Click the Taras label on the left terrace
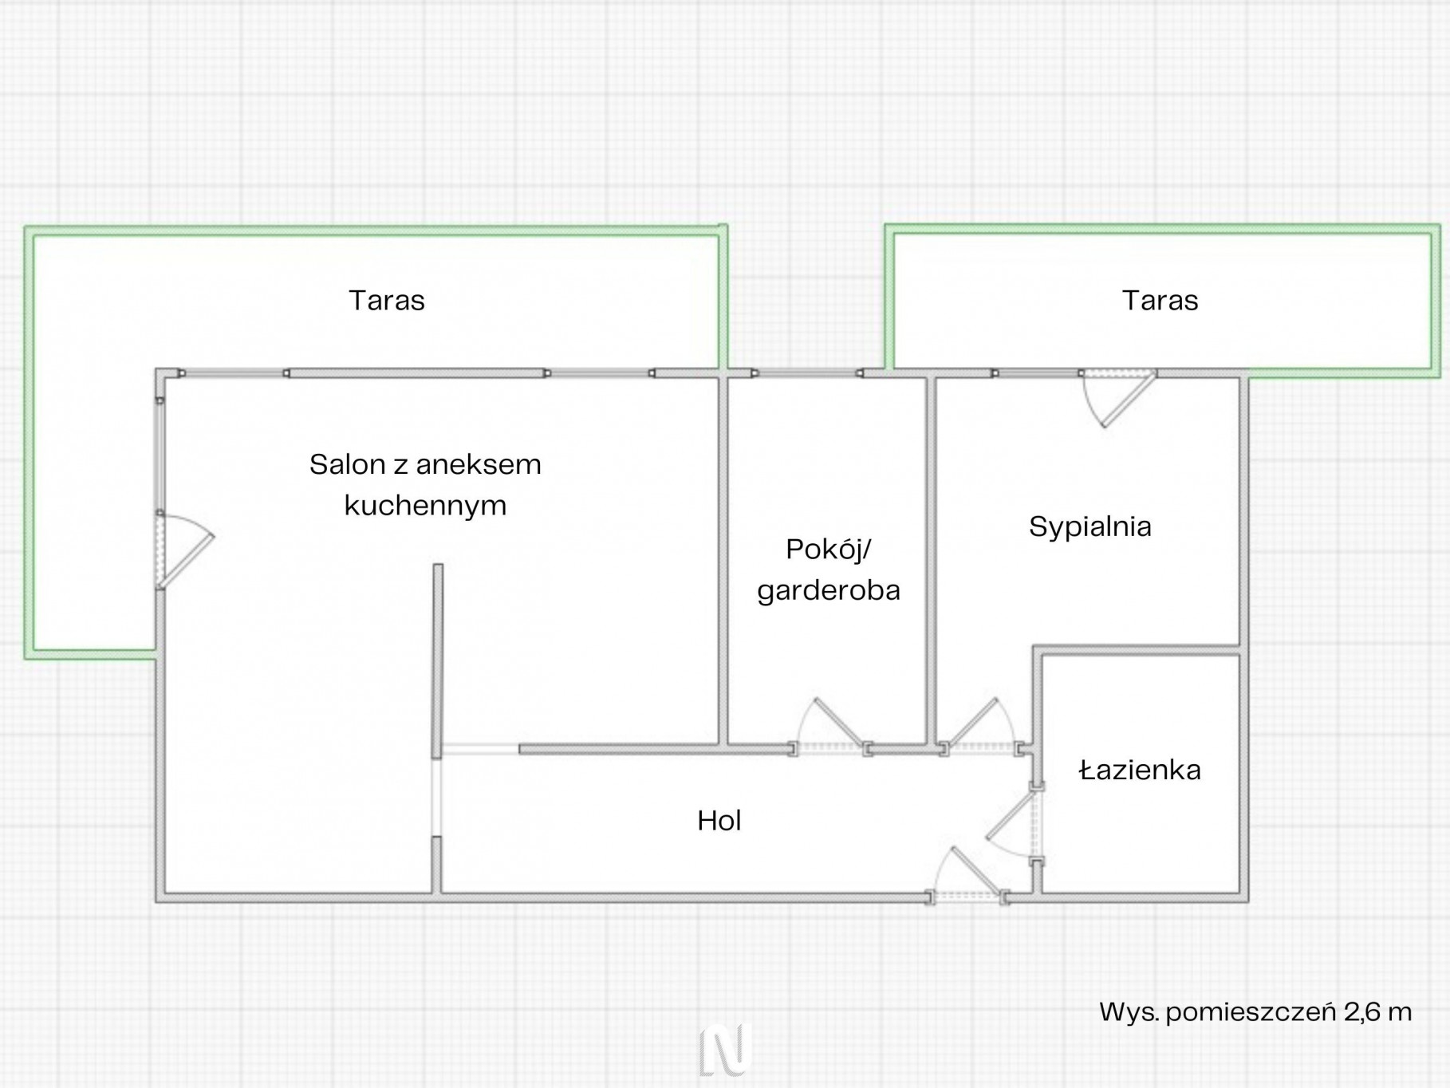(x=387, y=301)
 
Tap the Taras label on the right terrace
(x=1160, y=301)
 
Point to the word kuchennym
(x=425, y=506)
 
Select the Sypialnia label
(x=1089, y=526)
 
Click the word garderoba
(x=829, y=590)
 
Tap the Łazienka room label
(x=1140, y=770)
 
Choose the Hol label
(x=719, y=821)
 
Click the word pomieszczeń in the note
(x=1251, y=1013)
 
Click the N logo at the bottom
(x=725, y=1049)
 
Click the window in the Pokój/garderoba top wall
(x=807, y=373)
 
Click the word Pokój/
(x=829, y=550)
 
